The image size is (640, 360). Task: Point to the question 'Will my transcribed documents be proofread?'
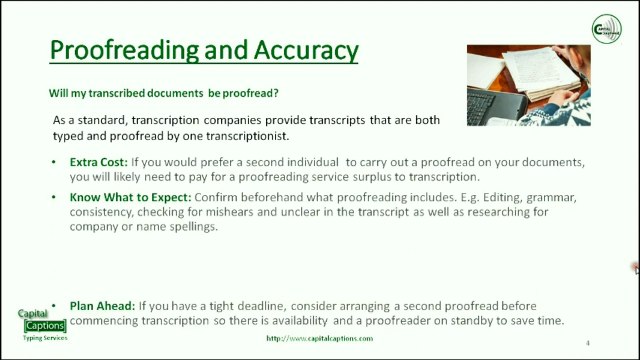[x=164, y=93]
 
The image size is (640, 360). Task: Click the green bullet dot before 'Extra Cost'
[x=53, y=162]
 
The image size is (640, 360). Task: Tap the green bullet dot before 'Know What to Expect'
[x=53, y=198]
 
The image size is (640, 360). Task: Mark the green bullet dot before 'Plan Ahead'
[x=53, y=305]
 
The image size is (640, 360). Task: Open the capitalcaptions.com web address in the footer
[x=319, y=339]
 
